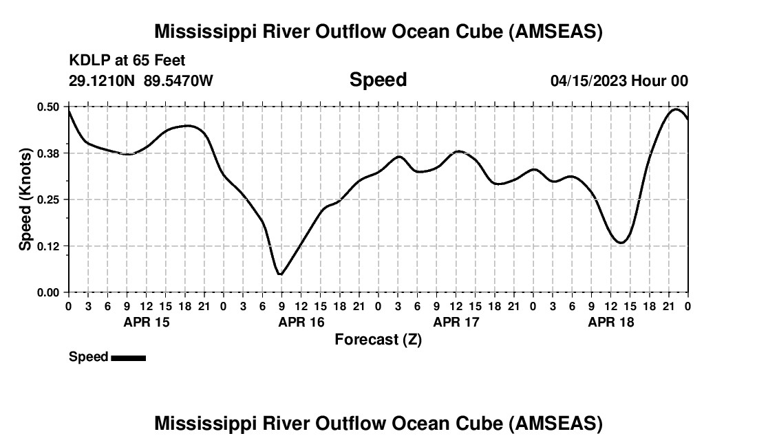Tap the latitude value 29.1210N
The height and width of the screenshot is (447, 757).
pyautogui.click(x=103, y=81)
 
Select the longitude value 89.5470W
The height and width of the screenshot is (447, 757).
pyautogui.click(x=178, y=81)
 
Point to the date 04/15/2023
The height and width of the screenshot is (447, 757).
pyautogui.click(x=589, y=81)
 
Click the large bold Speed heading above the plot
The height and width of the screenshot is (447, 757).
pyautogui.click(x=378, y=80)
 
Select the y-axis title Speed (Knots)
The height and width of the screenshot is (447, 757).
pyautogui.click(x=25, y=199)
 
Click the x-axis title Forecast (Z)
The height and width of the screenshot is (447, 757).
pyautogui.click(x=378, y=340)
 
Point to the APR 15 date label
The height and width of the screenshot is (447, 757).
pyautogui.click(x=146, y=322)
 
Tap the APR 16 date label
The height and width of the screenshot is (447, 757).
pyautogui.click(x=301, y=322)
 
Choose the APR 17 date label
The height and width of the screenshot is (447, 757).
pyautogui.click(x=456, y=322)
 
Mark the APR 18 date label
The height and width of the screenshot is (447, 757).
pyautogui.click(x=610, y=322)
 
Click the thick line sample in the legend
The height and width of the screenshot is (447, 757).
pyautogui.click(x=128, y=358)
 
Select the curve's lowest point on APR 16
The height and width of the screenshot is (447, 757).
pyautogui.click(x=280, y=274)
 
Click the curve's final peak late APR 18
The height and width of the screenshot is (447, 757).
pyautogui.click(x=676, y=109)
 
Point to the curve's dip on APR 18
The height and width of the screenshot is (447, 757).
pyautogui.click(x=621, y=242)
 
